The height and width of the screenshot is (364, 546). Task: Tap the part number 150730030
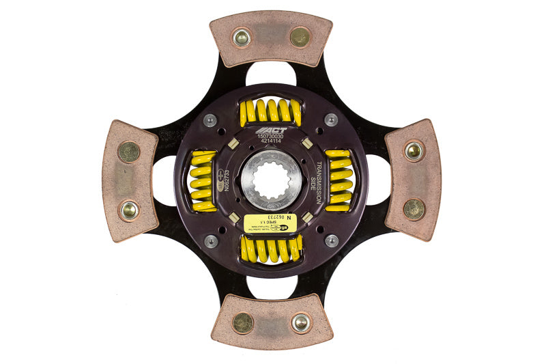[272, 137]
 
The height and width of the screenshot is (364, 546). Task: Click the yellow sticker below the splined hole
[272, 221]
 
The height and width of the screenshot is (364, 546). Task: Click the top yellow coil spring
[270, 111]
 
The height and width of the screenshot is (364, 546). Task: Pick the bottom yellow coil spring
[270, 250]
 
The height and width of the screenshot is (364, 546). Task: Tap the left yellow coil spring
[203, 180]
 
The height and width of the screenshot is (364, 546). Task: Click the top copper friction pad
[271, 39]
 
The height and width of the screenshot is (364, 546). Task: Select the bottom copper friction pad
[271, 322]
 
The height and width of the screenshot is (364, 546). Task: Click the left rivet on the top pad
[241, 38]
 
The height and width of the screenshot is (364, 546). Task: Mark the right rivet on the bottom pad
[300, 322]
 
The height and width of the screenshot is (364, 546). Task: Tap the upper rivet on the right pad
[413, 150]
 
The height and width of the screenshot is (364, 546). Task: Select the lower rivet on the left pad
[129, 210]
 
